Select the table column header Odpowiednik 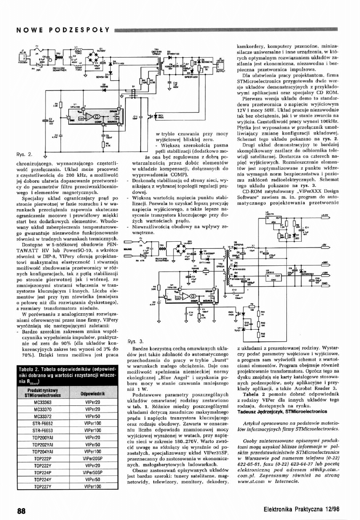point(92,394)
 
